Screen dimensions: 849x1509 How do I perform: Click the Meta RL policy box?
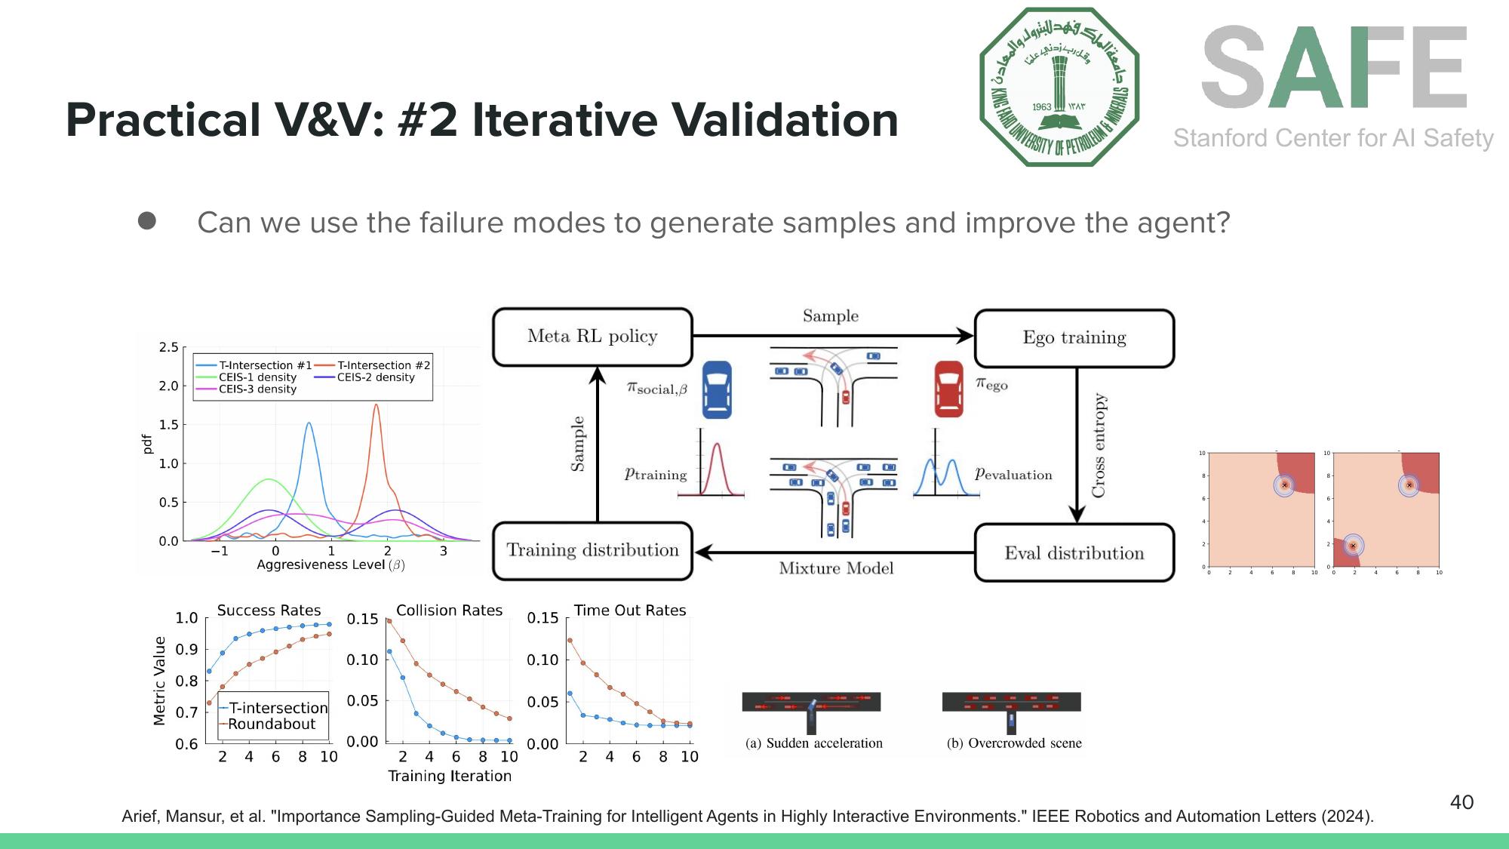pyautogui.click(x=592, y=337)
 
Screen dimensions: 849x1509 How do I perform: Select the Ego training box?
pyautogui.click(x=1074, y=338)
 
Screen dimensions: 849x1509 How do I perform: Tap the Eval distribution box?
pyautogui.click(x=1074, y=553)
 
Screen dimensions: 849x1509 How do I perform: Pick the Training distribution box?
pyautogui.click(x=592, y=551)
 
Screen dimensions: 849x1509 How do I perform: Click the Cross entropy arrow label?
pyautogui.click(x=1099, y=445)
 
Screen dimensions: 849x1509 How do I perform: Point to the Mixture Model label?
pyautogui.click(x=836, y=568)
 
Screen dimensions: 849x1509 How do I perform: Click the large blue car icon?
pyautogui.click(x=717, y=389)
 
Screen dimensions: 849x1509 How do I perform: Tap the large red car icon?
pyautogui.click(x=948, y=389)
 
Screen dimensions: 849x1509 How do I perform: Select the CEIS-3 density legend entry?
pyautogui.click(x=257, y=389)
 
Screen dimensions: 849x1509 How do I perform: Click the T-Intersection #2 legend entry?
pyautogui.click(x=383, y=365)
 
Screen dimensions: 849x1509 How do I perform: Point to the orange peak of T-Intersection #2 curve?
pyautogui.click(x=376, y=406)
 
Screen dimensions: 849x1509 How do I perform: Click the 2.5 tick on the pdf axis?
pyautogui.click(x=168, y=347)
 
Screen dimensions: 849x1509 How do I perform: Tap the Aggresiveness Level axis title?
pyautogui.click(x=330, y=565)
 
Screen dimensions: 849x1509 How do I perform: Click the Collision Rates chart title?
pyautogui.click(x=449, y=611)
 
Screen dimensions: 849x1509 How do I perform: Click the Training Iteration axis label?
pyautogui.click(x=449, y=777)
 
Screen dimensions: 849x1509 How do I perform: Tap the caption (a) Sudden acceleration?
pyautogui.click(x=813, y=743)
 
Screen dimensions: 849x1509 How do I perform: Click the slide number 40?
pyautogui.click(x=1461, y=802)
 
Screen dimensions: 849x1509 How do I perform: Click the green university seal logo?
pyautogui.click(x=1059, y=87)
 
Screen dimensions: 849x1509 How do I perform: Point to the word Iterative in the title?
pyautogui.click(x=564, y=120)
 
